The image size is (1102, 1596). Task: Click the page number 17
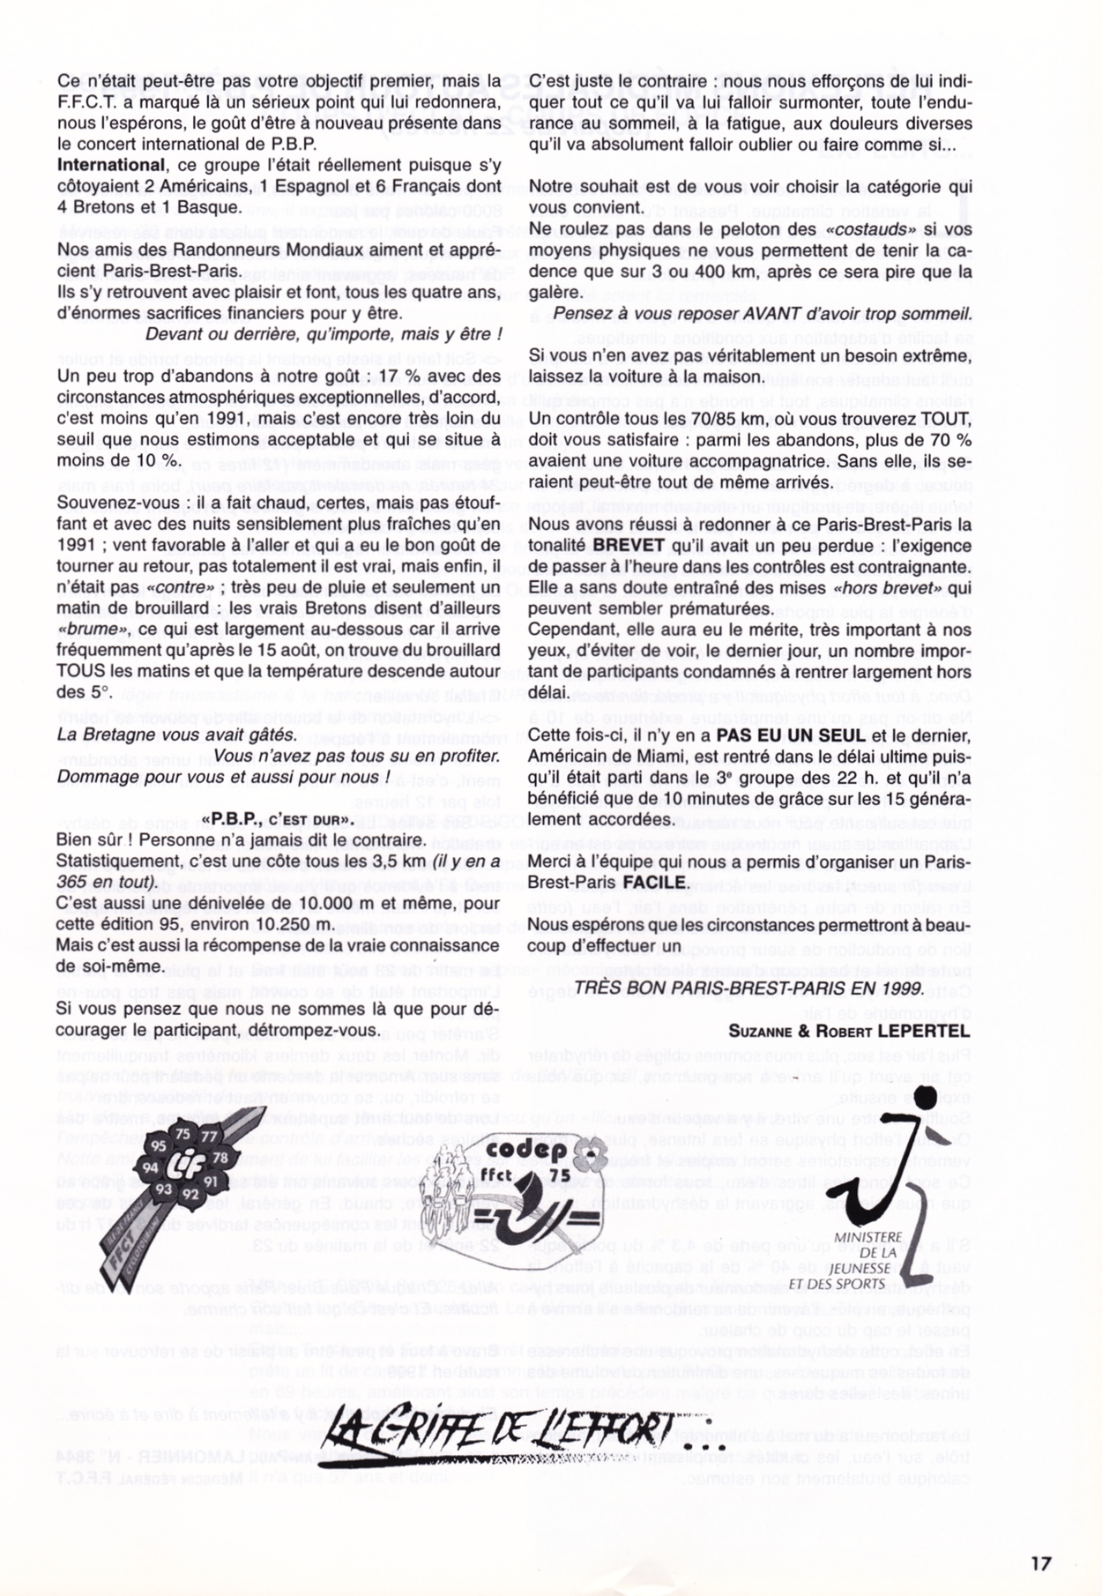pos(1040,1562)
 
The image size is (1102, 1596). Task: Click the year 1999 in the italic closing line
pos(904,988)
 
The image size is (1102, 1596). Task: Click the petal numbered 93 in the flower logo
pos(164,1190)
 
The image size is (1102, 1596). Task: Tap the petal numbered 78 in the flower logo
pos(220,1157)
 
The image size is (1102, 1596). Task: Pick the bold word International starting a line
pos(111,165)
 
